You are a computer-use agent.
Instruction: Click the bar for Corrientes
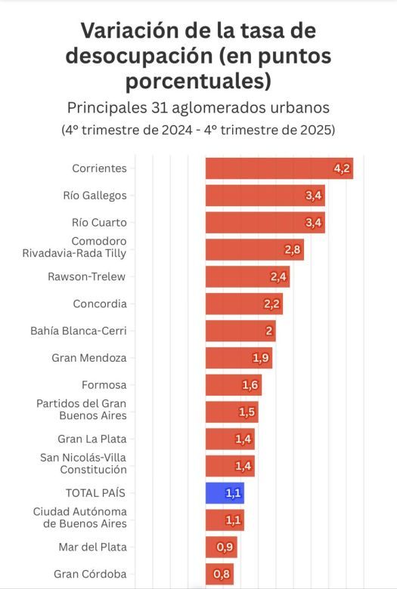point(278,168)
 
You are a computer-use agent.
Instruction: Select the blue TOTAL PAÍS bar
point(225,493)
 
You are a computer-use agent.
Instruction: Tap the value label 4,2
point(342,168)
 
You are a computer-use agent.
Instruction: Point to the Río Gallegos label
point(95,196)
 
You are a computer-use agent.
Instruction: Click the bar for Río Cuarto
point(265,223)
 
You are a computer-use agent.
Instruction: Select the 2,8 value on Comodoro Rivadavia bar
point(293,250)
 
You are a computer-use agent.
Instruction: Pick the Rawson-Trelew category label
point(87,276)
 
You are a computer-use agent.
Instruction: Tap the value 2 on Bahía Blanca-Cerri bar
point(269,331)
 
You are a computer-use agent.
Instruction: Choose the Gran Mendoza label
point(89,358)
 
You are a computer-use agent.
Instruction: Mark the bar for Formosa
point(233,385)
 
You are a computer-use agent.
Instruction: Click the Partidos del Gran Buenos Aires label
point(82,409)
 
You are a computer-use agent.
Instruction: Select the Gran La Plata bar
point(230,439)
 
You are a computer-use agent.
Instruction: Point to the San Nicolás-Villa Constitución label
point(83,463)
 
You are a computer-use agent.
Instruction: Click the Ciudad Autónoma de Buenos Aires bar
point(225,520)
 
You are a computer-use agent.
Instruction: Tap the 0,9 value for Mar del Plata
point(225,547)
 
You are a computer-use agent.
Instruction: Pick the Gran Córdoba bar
point(219,575)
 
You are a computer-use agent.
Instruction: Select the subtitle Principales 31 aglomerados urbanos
point(198,106)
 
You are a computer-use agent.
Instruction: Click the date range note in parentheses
point(198,129)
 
